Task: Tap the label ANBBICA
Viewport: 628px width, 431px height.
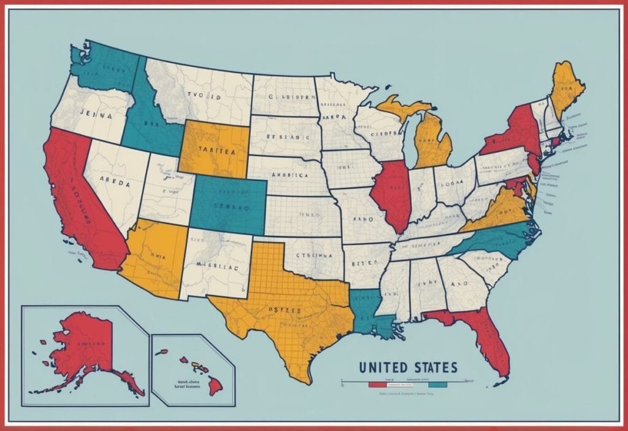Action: [x=288, y=174]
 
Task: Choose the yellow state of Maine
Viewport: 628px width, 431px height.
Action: [x=567, y=89]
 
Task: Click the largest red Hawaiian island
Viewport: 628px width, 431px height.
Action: [x=215, y=387]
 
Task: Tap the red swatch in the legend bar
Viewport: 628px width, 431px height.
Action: [x=375, y=385]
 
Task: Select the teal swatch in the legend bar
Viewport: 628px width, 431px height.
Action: [x=438, y=385]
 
